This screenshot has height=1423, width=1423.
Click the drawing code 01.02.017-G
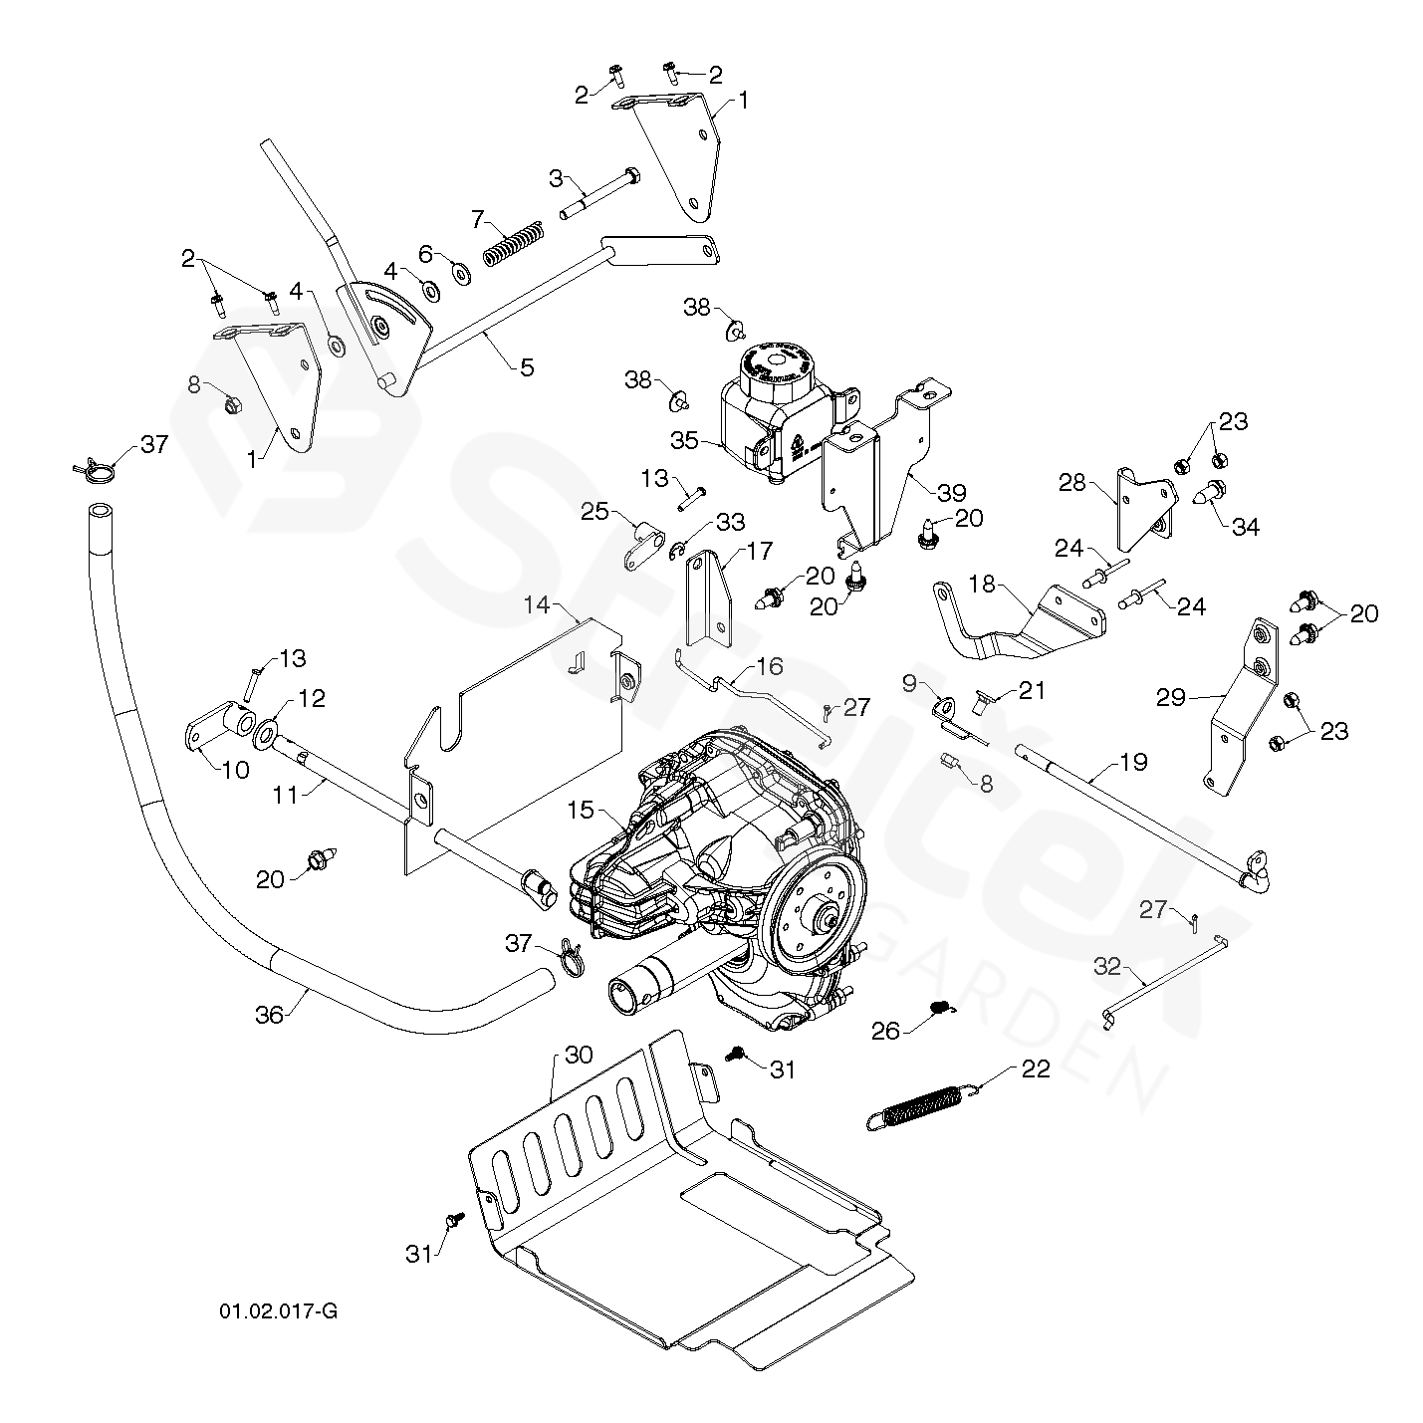tap(278, 1309)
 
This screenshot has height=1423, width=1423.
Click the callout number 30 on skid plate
tap(579, 1055)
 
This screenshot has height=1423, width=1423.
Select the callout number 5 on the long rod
tap(527, 366)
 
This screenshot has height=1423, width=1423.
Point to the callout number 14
tap(537, 604)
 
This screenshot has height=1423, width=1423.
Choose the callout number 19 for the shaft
tap(1133, 763)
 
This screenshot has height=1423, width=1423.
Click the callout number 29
tap(1171, 697)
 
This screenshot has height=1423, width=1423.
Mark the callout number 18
tap(983, 584)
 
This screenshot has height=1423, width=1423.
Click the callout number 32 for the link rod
tap(1107, 965)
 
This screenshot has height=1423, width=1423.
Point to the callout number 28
tap(1071, 483)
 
